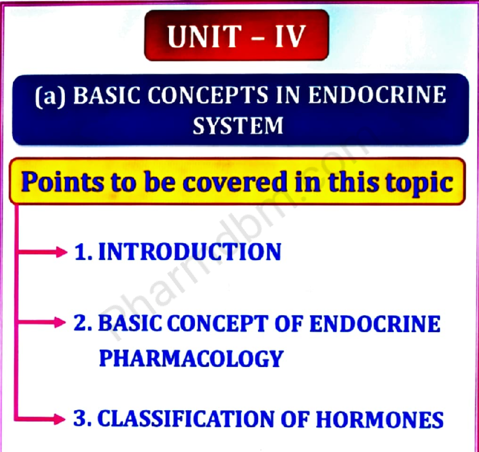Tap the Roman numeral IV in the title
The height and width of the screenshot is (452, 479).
click(290, 37)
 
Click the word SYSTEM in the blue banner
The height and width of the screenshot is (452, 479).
click(238, 126)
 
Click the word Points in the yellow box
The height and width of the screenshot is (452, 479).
click(62, 183)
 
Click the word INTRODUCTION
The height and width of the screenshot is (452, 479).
click(190, 252)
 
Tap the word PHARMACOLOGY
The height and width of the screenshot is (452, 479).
click(191, 358)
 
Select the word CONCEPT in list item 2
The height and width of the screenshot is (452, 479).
click(217, 323)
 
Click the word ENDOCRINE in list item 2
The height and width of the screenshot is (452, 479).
click(375, 323)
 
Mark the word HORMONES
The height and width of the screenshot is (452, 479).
click(380, 420)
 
